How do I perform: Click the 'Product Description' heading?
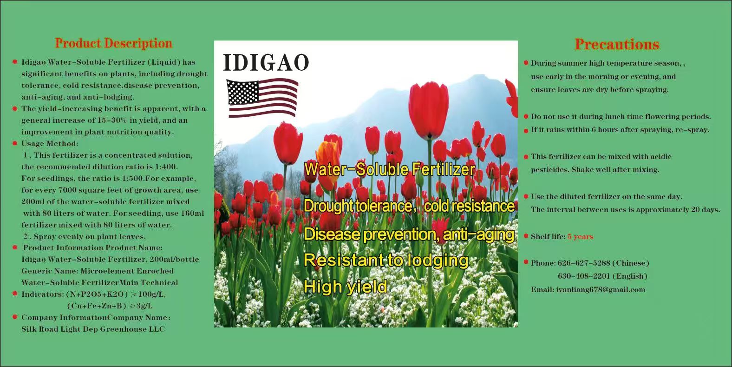pyautogui.click(x=113, y=43)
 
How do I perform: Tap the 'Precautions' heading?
pyautogui.click(x=617, y=45)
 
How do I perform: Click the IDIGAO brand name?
pyautogui.click(x=266, y=62)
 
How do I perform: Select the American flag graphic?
pyautogui.click(x=262, y=98)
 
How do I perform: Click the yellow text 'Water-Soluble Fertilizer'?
pyautogui.click(x=390, y=169)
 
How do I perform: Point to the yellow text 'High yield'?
pyautogui.click(x=346, y=287)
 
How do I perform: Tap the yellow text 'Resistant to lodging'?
pyautogui.click(x=386, y=260)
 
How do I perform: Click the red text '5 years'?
pyautogui.click(x=580, y=236)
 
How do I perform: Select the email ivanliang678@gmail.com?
pyautogui.click(x=601, y=289)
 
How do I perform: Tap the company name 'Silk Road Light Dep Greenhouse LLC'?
pyautogui.click(x=93, y=329)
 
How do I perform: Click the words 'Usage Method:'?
pyautogui.click(x=50, y=143)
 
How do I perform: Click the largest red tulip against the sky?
pyautogui.click(x=428, y=109)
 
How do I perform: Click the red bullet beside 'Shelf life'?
pyautogui.click(x=526, y=236)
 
